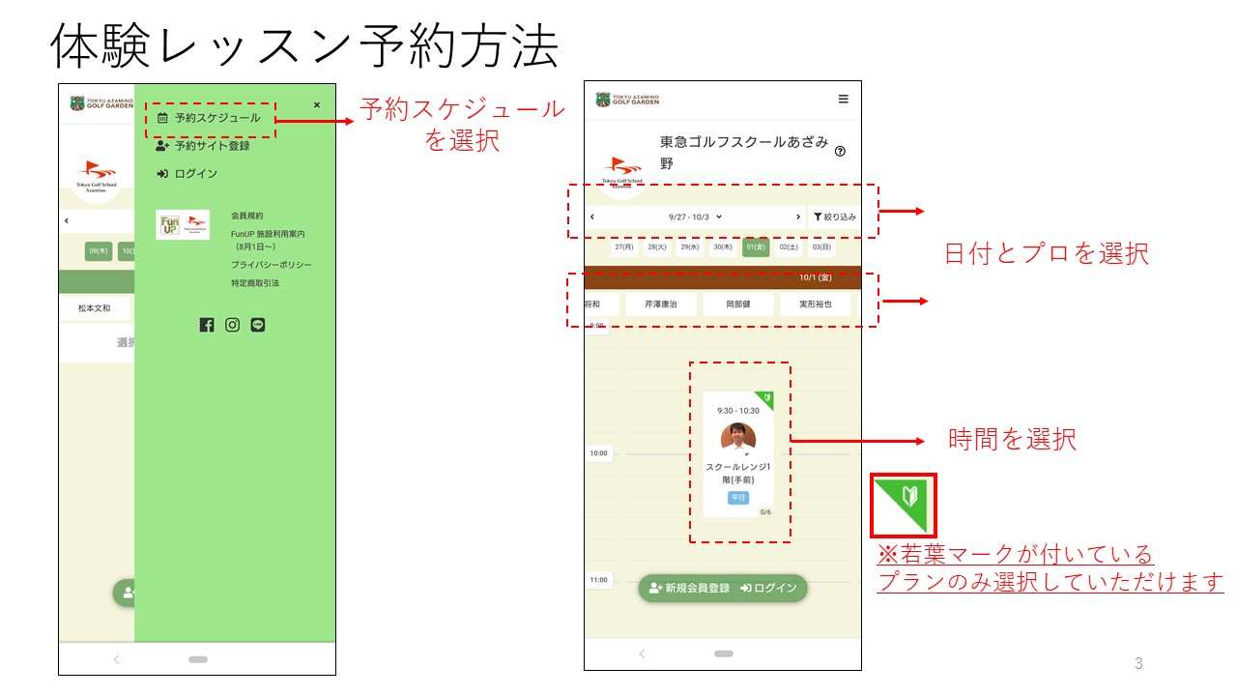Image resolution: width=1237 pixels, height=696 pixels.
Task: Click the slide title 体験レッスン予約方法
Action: tap(304, 45)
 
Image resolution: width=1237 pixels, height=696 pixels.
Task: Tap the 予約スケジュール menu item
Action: tap(210, 118)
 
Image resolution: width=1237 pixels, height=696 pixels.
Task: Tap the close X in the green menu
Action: tap(317, 105)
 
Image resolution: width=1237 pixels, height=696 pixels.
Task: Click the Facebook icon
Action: tap(207, 325)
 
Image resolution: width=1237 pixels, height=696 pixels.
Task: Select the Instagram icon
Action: tap(232, 325)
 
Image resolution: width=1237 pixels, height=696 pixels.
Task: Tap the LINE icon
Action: tap(257, 325)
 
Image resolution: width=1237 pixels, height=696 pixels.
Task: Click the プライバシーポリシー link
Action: tap(271, 265)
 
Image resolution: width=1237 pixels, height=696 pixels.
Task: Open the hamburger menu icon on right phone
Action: tap(843, 99)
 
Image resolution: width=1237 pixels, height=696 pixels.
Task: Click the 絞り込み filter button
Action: tap(834, 217)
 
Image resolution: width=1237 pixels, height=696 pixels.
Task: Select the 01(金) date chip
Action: tap(756, 247)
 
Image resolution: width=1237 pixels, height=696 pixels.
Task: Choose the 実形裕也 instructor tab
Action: tap(815, 304)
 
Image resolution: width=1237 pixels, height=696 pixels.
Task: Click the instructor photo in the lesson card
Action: tap(738, 437)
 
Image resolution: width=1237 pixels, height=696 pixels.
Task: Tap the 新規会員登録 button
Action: tap(689, 588)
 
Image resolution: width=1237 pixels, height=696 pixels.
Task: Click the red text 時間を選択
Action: tap(1012, 440)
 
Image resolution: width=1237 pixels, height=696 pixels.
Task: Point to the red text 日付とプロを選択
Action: tap(1046, 254)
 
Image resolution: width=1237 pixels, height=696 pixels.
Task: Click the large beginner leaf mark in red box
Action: tap(904, 504)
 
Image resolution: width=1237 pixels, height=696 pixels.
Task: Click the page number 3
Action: tap(1138, 663)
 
